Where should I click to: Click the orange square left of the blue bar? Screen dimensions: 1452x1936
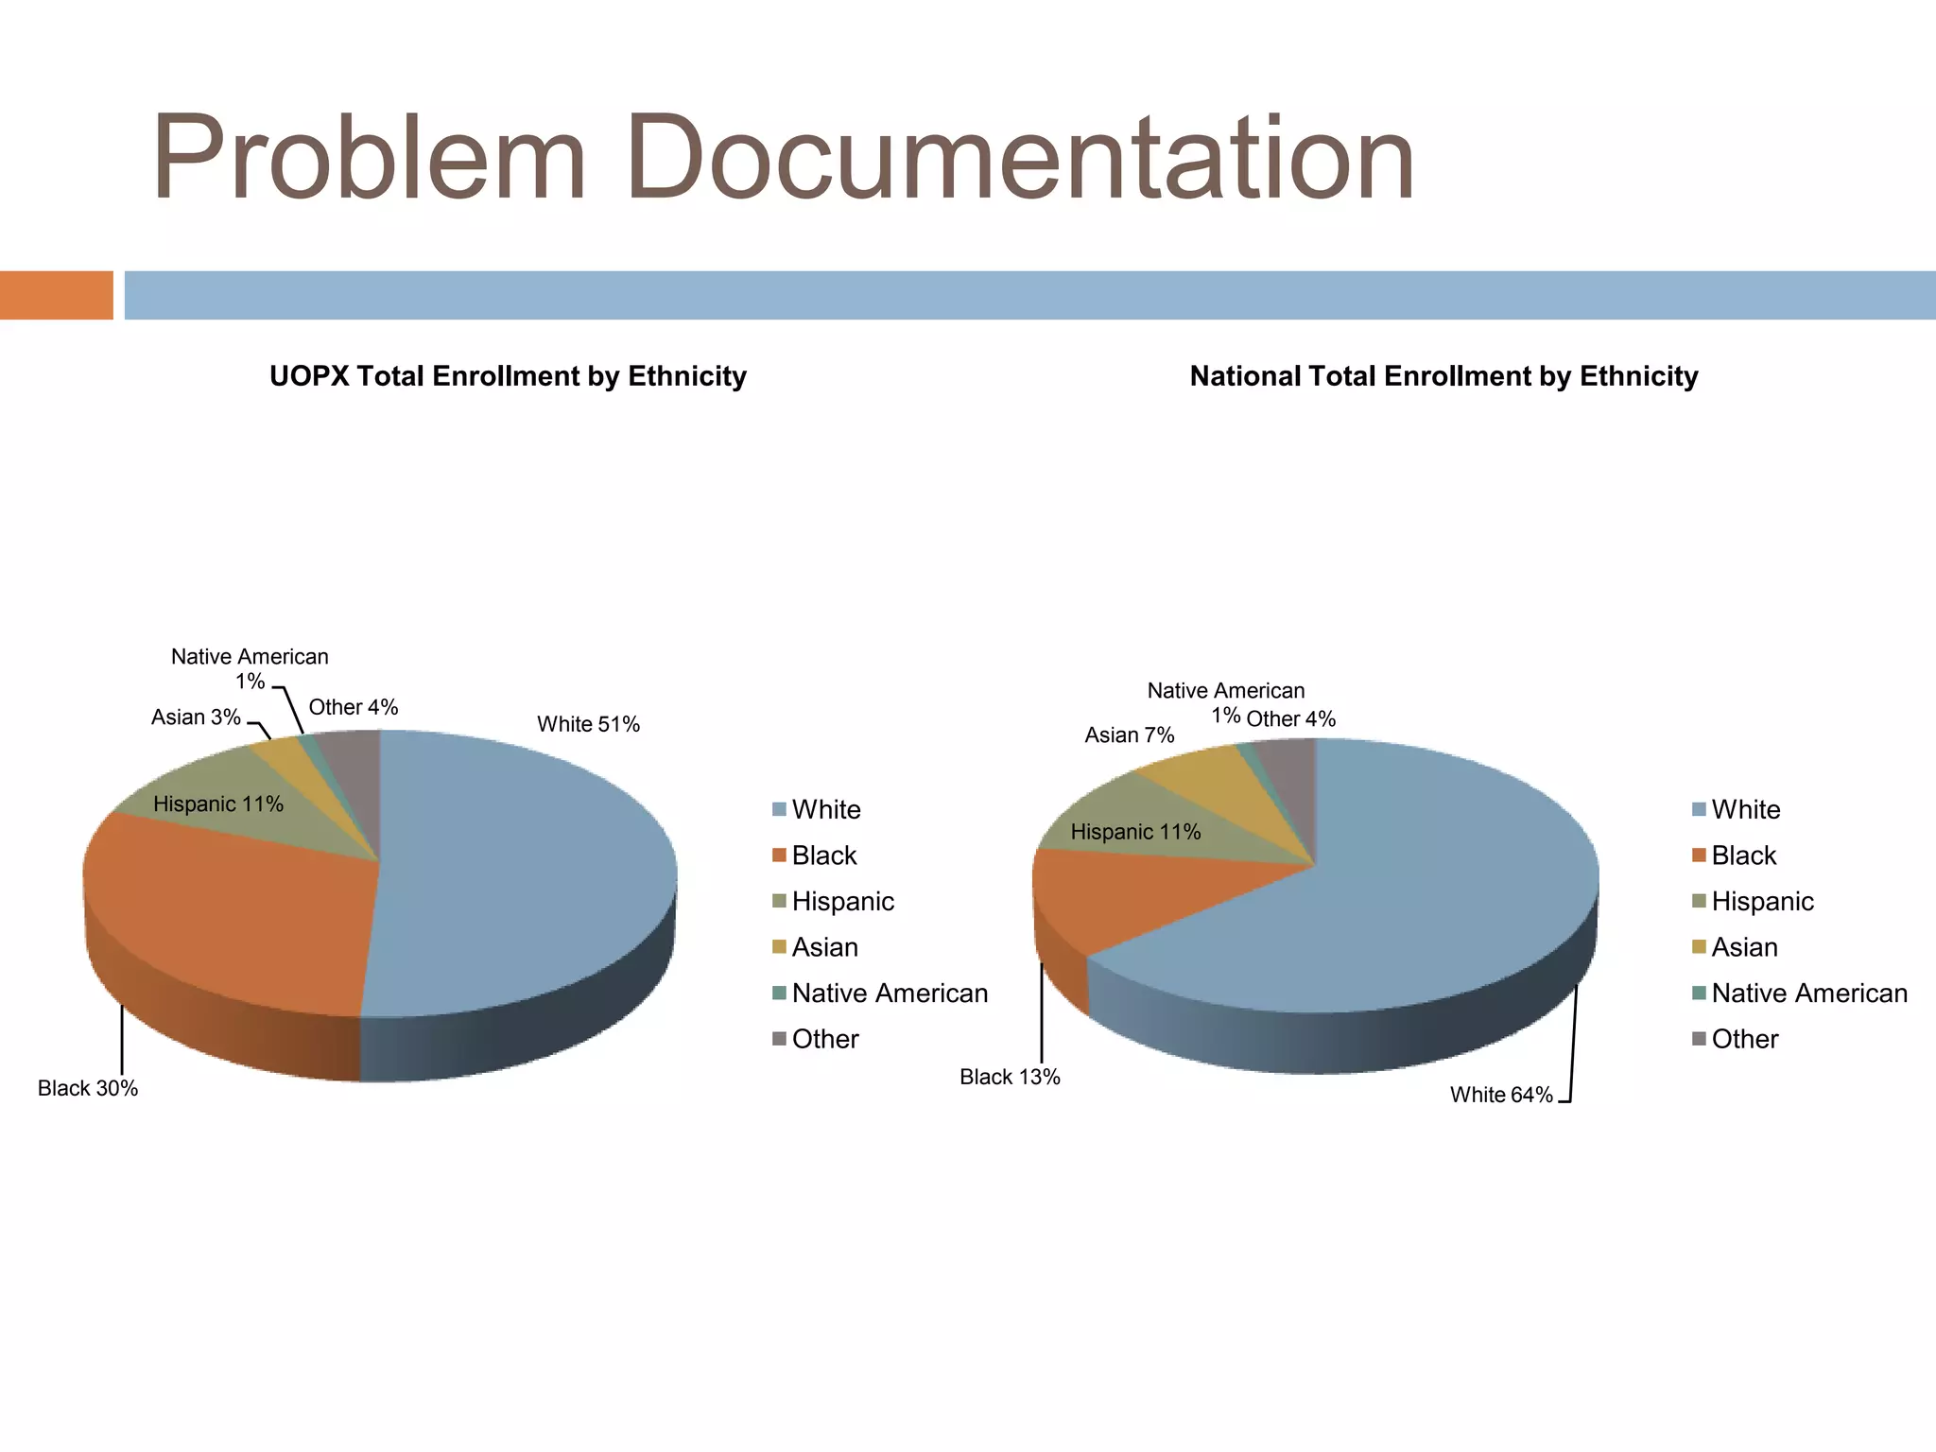click(x=56, y=295)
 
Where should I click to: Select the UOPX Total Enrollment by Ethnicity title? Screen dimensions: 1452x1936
click(x=508, y=376)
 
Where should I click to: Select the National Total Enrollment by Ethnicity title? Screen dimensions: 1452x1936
click(x=1443, y=376)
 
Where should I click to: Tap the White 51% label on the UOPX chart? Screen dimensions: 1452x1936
click(x=588, y=724)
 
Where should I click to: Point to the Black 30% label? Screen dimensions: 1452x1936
click(x=88, y=1088)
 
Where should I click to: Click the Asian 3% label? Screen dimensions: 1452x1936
click(x=196, y=717)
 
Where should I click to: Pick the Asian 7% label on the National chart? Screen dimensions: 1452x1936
click(x=1129, y=735)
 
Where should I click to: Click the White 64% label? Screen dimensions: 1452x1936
click(x=1501, y=1095)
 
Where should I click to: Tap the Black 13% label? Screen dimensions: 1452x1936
click(x=1010, y=1077)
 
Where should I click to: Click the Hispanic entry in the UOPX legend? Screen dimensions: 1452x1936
click(x=842, y=901)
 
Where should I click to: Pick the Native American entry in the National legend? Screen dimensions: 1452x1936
click(x=1808, y=993)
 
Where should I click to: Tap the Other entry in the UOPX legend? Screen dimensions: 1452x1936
click(x=824, y=1039)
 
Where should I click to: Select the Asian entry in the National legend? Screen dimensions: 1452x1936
click(x=1744, y=947)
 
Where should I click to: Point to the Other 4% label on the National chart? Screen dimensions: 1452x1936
click(x=1290, y=719)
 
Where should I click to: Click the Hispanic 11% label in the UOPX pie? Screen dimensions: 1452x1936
click(x=218, y=804)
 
